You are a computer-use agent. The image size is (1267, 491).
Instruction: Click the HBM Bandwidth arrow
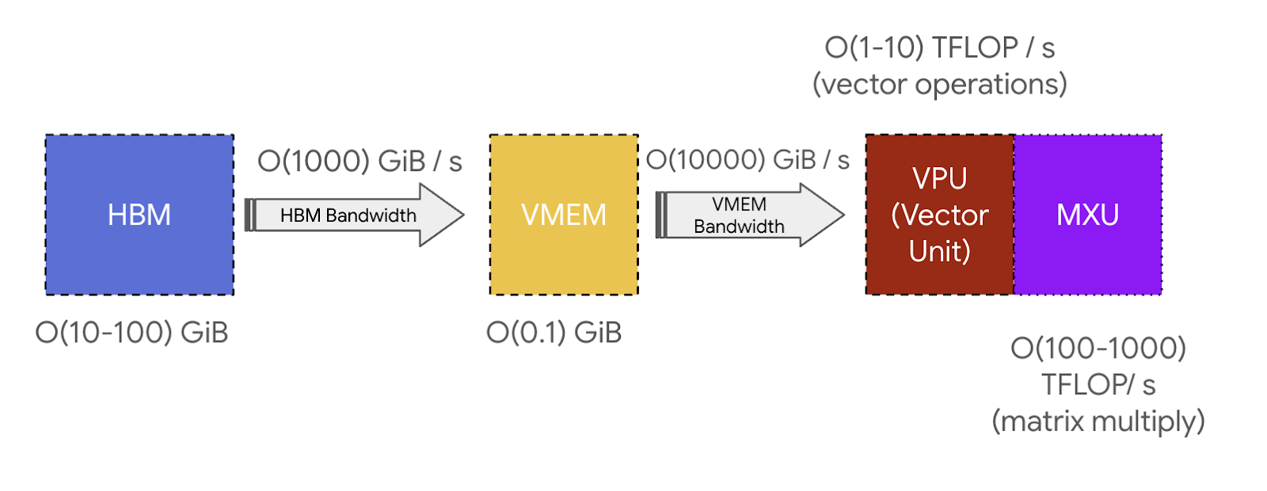pyautogui.click(x=348, y=215)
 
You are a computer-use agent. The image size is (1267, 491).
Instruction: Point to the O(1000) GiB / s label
pyautogui.click(x=360, y=162)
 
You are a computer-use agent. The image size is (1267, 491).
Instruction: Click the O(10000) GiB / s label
pyautogui.click(x=748, y=160)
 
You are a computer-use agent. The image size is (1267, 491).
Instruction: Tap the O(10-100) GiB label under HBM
pyautogui.click(x=131, y=333)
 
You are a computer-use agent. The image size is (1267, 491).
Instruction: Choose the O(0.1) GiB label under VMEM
pyautogui.click(x=554, y=333)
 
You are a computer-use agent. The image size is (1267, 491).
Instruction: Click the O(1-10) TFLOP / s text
pyautogui.click(x=940, y=48)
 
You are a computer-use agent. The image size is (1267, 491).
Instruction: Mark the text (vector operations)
pyautogui.click(x=940, y=84)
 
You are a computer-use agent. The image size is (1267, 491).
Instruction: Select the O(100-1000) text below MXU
pyautogui.click(x=1098, y=348)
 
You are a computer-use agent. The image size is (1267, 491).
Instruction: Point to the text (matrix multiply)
pyautogui.click(x=1098, y=421)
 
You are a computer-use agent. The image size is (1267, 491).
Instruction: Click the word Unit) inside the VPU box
pyautogui.click(x=940, y=252)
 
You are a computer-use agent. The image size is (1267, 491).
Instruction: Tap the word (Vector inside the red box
pyautogui.click(x=940, y=215)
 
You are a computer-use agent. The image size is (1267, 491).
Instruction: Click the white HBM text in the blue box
pyautogui.click(x=139, y=215)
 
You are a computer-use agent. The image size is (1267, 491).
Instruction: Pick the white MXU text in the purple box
pyautogui.click(x=1088, y=215)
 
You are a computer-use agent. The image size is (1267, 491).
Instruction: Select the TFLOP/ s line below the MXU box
pyautogui.click(x=1098, y=385)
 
